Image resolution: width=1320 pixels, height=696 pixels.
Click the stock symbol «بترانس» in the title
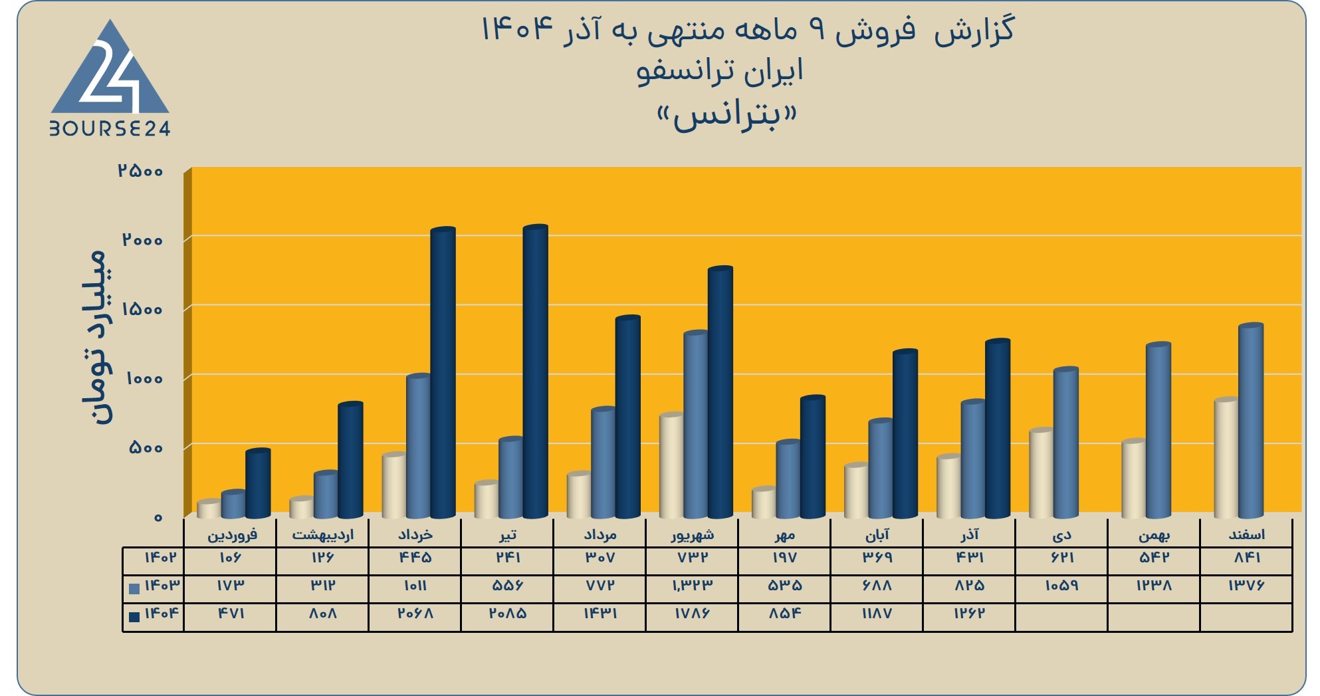click(x=726, y=117)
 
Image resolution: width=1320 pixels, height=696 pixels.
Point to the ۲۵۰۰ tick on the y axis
click(x=141, y=171)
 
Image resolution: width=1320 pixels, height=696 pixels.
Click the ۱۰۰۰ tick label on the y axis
click(x=144, y=379)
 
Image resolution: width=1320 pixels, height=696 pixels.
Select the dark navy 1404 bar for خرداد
click(x=443, y=372)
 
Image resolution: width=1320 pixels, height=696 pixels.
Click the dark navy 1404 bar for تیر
click(x=535, y=371)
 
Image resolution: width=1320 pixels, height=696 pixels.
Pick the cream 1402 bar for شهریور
click(x=671, y=465)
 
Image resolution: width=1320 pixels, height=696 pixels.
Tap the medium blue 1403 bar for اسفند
click(x=1250, y=421)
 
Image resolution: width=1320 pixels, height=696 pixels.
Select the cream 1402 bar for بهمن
click(x=1133, y=479)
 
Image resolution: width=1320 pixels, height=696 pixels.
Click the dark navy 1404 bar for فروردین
click(x=258, y=483)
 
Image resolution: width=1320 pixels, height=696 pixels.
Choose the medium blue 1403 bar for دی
click(x=1065, y=443)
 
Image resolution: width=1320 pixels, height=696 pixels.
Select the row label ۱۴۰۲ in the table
click(x=160, y=557)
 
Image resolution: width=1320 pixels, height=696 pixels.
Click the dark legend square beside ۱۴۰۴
click(x=134, y=616)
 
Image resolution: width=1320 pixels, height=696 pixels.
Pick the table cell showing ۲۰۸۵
click(x=508, y=614)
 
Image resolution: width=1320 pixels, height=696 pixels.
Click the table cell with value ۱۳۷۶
click(x=1246, y=586)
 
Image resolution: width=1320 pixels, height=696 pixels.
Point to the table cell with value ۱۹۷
click(x=784, y=558)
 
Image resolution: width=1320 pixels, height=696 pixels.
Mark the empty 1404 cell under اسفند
click(x=1246, y=618)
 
